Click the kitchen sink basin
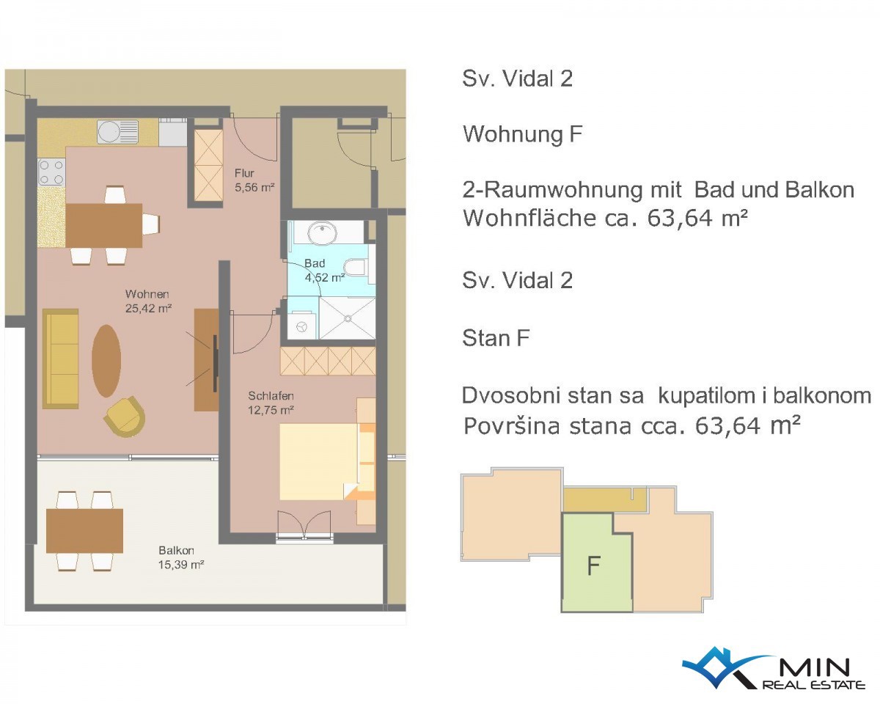click(x=109, y=131)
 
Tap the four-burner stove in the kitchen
click(x=51, y=172)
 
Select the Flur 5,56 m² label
click(x=254, y=180)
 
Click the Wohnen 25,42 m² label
click(x=148, y=301)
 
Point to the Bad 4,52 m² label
click(x=325, y=271)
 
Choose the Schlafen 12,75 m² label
click(x=271, y=403)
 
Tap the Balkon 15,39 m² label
click(x=180, y=557)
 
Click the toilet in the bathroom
click(x=354, y=268)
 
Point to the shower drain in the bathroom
click(x=348, y=318)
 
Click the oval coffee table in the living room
click(x=106, y=362)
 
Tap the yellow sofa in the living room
click(x=61, y=359)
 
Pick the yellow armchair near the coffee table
click(x=125, y=417)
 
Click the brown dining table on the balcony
click(x=84, y=531)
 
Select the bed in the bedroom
click(x=327, y=461)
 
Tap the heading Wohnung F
click(x=522, y=133)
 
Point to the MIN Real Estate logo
click(x=773, y=667)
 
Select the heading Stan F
click(x=496, y=338)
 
